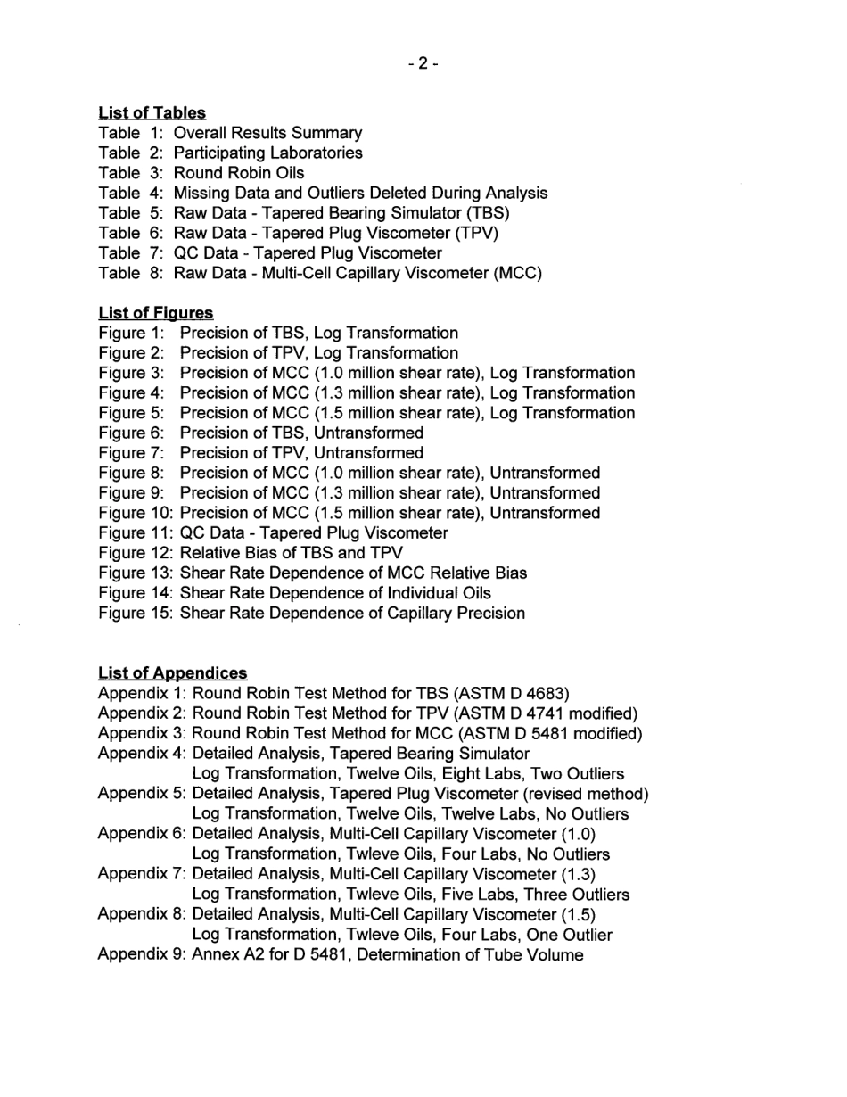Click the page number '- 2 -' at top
tap(423, 63)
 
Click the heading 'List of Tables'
tap(152, 113)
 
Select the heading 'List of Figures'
tap(156, 313)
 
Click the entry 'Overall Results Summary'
tap(267, 133)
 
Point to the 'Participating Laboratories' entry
tap(267, 153)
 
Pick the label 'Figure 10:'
tap(136, 513)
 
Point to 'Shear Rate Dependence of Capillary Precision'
tap(352, 613)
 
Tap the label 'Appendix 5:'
tap(142, 794)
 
